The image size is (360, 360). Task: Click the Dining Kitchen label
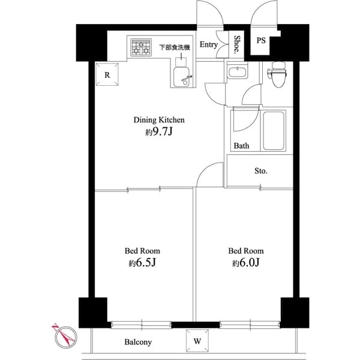tap(158, 120)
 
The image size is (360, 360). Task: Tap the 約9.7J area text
tap(158, 133)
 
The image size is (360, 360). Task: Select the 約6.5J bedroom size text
tap(142, 263)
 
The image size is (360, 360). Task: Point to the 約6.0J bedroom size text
tap(245, 263)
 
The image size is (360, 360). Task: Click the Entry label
tap(208, 44)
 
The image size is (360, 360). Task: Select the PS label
tap(261, 41)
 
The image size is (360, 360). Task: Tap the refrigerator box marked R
tap(107, 75)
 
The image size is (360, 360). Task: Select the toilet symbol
tap(277, 74)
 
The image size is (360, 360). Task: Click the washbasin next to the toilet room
tap(238, 73)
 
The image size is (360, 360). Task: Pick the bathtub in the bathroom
tap(274, 130)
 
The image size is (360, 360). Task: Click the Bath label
tap(241, 146)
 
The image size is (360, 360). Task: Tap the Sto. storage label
tap(260, 171)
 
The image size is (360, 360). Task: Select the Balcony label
tap(138, 343)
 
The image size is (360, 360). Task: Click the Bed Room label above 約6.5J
tap(142, 251)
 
